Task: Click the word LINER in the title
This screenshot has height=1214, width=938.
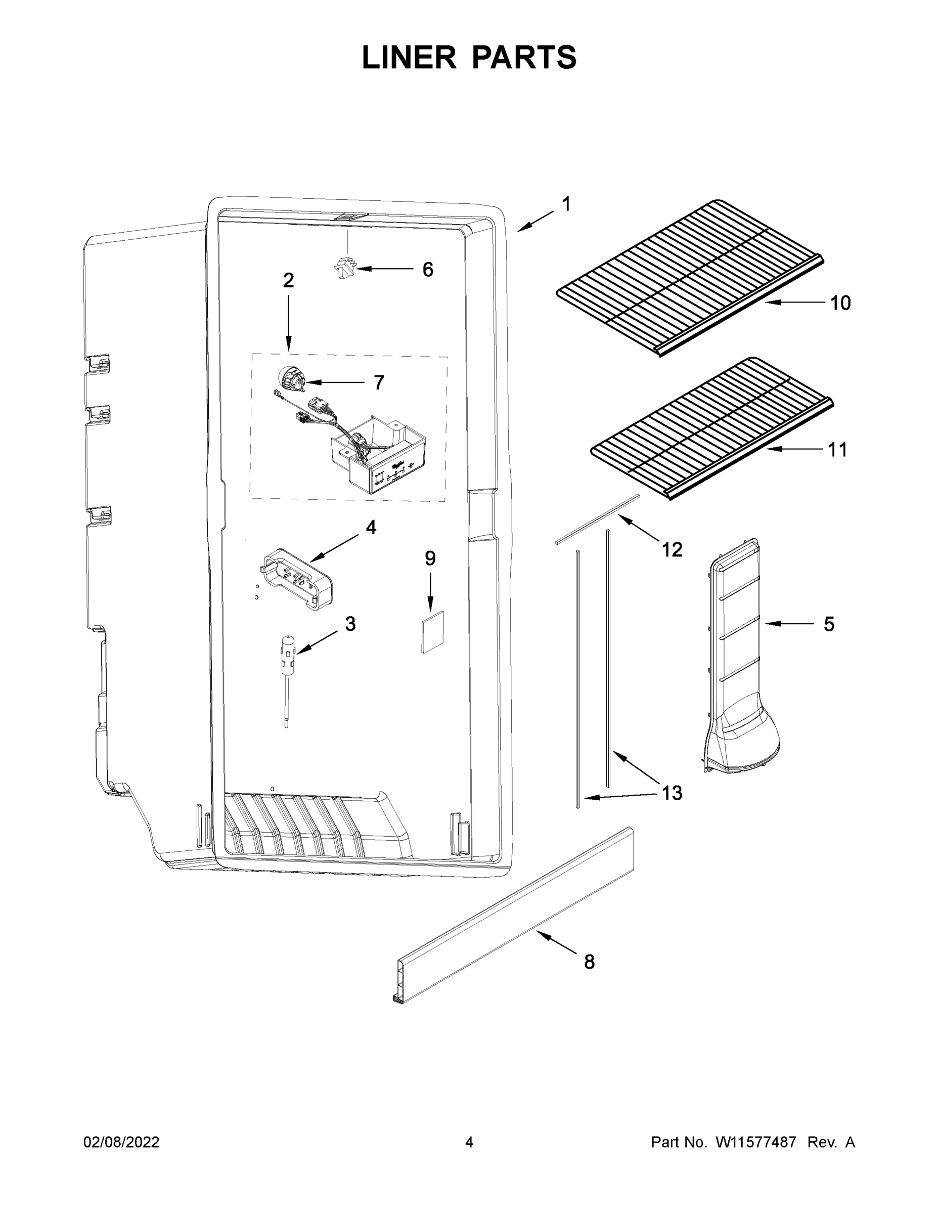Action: [409, 57]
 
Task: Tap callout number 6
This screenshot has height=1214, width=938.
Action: [427, 270]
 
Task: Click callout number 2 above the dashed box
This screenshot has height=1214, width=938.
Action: [288, 281]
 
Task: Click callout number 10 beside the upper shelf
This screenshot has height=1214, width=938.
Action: [840, 303]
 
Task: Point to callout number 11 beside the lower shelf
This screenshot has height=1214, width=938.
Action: [837, 449]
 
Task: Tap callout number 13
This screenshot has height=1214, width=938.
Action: [672, 793]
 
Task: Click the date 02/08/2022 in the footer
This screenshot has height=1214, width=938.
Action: [121, 1142]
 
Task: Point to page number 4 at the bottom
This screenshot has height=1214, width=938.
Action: [469, 1142]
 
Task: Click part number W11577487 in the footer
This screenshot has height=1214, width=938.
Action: [756, 1142]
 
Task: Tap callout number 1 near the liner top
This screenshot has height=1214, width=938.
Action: [566, 204]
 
